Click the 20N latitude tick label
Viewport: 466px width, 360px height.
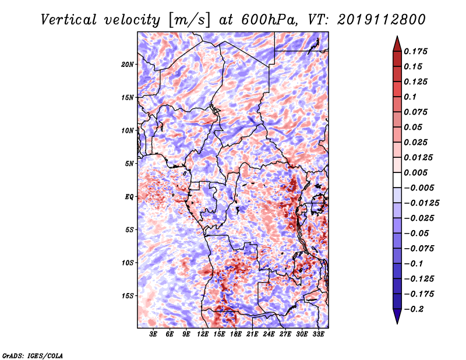click(128, 65)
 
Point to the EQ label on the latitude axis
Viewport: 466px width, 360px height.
click(129, 197)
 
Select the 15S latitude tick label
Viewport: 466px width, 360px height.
click(128, 296)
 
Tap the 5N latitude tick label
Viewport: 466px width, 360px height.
click(129, 164)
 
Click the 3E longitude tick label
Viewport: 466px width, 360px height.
click(153, 334)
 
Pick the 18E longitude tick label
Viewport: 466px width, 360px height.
click(236, 334)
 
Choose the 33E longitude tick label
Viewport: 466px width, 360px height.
click(318, 334)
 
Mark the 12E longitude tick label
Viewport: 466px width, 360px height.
click(203, 334)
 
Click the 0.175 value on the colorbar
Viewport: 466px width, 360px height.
click(415, 51)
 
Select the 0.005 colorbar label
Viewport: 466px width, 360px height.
click(415, 172)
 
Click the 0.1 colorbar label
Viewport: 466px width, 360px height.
click(410, 97)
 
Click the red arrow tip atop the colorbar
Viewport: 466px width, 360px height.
click(397, 36)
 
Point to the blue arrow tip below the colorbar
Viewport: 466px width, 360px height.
click(397, 323)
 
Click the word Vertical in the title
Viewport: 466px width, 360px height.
click(69, 20)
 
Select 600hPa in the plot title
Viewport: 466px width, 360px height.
click(270, 20)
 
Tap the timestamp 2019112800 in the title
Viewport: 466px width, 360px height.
click(382, 20)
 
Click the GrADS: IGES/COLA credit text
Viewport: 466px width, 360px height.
click(33, 355)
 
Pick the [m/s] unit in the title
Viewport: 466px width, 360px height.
click(189, 20)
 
